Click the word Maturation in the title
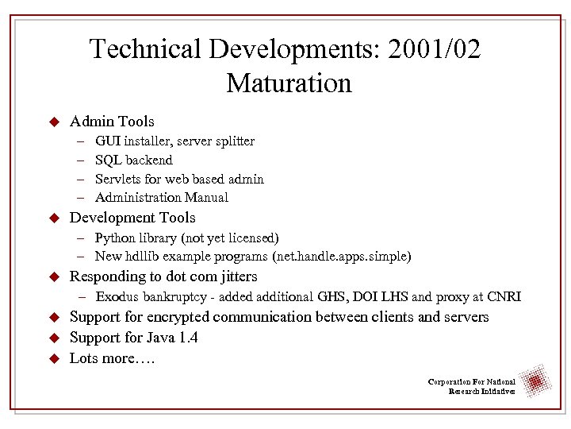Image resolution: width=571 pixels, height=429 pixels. [288, 83]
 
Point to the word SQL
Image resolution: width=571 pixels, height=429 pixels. [107, 160]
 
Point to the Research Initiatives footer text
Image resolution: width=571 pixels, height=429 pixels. [481, 392]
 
